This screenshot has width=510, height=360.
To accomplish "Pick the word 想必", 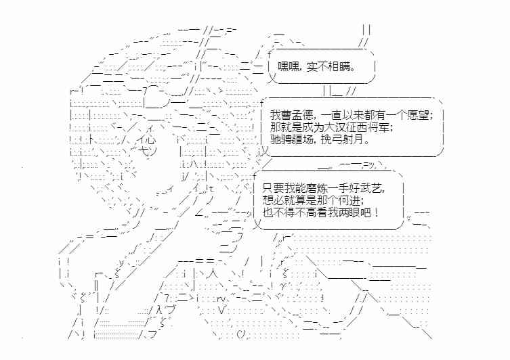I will coord(274,200).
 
